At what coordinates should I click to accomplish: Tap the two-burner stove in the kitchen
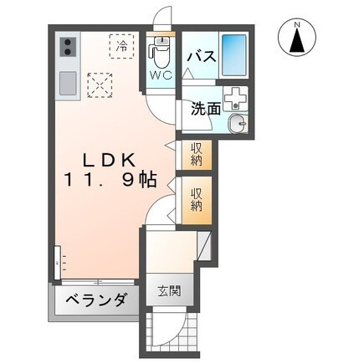[x=67, y=49]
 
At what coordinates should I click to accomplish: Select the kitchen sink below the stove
[x=67, y=83]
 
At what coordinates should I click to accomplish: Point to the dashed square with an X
[x=100, y=84]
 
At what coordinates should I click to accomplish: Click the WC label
[x=161, y=74]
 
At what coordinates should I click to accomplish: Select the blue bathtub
[x=235, y=54]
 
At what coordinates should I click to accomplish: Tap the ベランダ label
[x=97, y=299]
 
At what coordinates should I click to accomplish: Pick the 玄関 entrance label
[x=167, y=293]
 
